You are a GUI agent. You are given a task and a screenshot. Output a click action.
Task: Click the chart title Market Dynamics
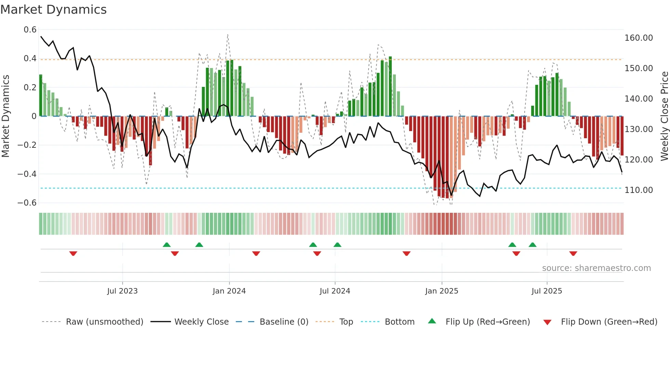coord(53,10)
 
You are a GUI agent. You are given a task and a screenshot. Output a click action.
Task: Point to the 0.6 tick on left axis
coord(30,30)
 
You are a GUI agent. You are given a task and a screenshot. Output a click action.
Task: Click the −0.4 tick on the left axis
coord(27,174)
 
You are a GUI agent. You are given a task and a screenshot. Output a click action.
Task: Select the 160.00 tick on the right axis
coord(639,38)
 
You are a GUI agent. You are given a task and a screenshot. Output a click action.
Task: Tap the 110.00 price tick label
coord(639,190)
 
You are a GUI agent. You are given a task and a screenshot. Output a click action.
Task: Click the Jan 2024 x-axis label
coord(229,291)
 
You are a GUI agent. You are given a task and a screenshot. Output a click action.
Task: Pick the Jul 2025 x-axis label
coord(547,291)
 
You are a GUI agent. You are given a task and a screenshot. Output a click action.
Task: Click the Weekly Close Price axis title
coord(664,116)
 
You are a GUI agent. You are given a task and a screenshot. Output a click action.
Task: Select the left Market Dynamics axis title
coord(5,116)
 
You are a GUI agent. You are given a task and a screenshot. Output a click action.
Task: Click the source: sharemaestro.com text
coord(596,268)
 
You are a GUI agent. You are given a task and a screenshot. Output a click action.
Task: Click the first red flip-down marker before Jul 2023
coord(73,253)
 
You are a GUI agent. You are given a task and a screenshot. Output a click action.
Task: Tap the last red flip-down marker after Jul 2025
coord(573,253)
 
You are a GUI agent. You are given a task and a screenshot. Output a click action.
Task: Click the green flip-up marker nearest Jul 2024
coord(337,245)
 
